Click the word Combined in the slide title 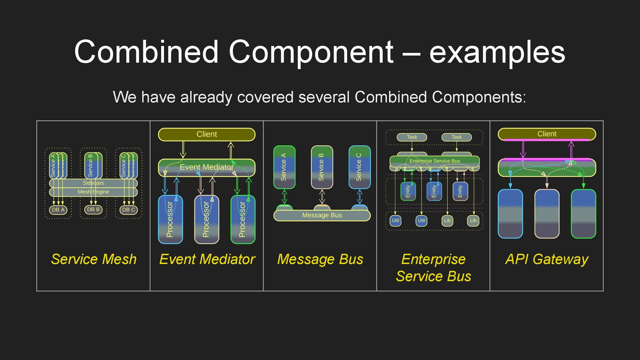coord(146,52)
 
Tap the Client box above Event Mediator coord(207,134)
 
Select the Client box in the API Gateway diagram coord(547,134)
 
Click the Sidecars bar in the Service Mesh coord(93,183)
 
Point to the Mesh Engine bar coord(93,192)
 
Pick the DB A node coord(58,210)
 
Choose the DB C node coord(128,210)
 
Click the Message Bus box coord(322,215)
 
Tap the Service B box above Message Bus coord(322,167)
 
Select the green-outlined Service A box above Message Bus coord(284,167)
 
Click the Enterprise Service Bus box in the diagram coord(434,161)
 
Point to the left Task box coord(412,137)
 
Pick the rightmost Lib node coord(473,220)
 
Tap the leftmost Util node coord(395,220)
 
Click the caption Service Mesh coord(94,259)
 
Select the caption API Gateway coord(547,259)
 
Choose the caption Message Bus coord(320,259)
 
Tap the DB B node coord(93,210)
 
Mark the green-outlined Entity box coord(408,191)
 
